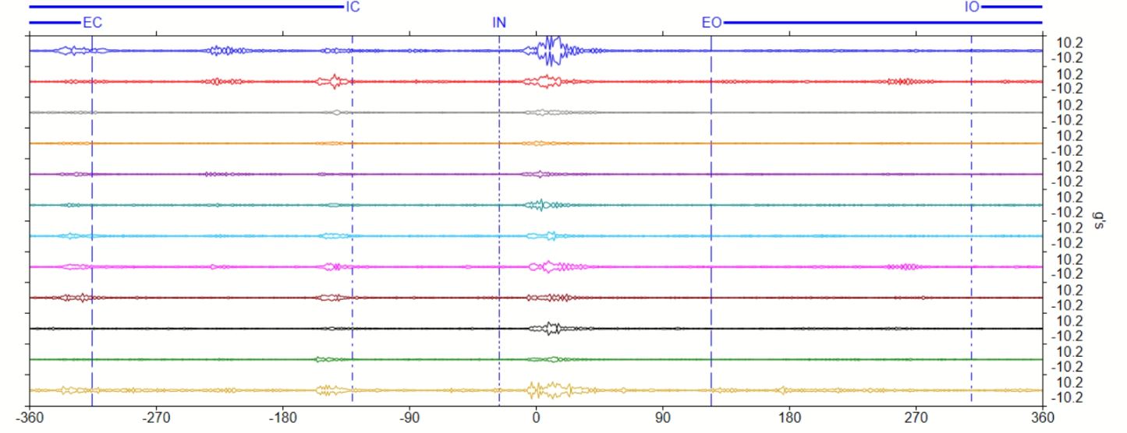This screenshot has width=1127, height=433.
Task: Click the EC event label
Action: tap(92, 23)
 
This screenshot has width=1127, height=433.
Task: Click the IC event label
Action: tap(353, 7)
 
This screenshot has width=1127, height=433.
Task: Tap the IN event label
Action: tap(499, 23)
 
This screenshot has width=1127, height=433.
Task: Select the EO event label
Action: tap(711, 23)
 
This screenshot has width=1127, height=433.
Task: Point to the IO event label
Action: tap(972, 7)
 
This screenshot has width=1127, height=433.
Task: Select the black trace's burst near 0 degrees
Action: tap(551, 328)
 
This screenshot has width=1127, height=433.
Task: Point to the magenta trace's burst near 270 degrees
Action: tap(905, 266)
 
